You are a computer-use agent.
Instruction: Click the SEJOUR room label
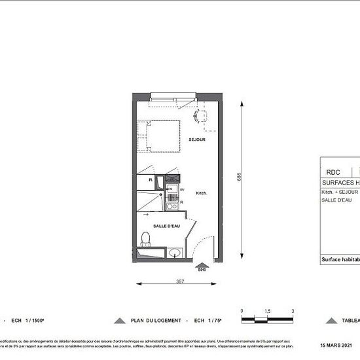(197, 140)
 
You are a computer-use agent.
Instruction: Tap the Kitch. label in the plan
(202, 193)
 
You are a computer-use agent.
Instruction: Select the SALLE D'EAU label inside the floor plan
(167, 226)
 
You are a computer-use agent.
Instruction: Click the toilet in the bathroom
(147, 240)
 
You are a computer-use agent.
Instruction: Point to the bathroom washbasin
(174, 253)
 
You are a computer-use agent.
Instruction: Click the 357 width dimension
(179, 281)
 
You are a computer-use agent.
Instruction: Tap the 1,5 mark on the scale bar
(267, 311)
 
